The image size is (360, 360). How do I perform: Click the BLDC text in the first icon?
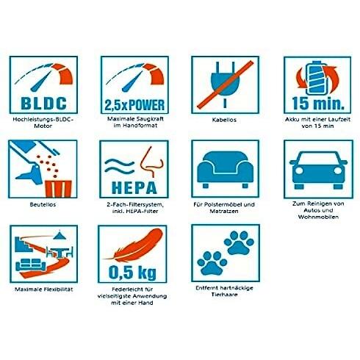coord(43,104)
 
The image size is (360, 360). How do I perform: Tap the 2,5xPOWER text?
coord(134,105)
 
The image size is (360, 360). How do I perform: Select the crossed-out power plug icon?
coord(225,84)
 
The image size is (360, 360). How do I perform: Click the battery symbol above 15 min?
coord(317,78)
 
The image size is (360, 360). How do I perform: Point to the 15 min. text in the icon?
coord(318,103)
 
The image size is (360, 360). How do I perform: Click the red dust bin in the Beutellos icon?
coord(58,189)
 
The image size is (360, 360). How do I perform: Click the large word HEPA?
coord(134,188)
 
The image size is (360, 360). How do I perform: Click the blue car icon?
coord(318,170)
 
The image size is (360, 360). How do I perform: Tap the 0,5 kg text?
coord(132,273)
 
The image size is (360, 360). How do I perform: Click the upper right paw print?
coord(239,243)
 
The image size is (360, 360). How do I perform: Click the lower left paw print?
coord(212,263)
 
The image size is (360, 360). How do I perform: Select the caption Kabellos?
coord(224,120)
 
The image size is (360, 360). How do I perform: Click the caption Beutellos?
coord(43,204)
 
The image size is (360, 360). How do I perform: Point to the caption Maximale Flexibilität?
coord(44,289)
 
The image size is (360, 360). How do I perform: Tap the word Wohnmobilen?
coord(318,217)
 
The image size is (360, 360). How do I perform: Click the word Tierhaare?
coord(224,295)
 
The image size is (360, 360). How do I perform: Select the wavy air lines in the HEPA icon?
coord(120,166)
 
